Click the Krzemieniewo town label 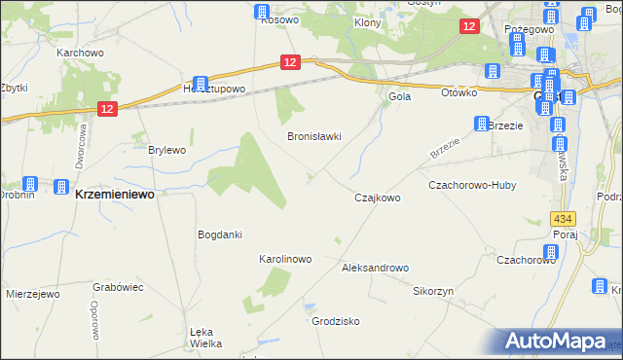pyautogui.click(x=115, y=194)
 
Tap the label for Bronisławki pyautogui.click(x=313, y=137)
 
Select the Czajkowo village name pyautogui.click(x=377, y=198)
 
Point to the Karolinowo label pyautogui.click(x=283, y=260)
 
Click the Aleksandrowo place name pyautogui.click(x=375, y=267)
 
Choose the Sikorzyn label pyautogui.click(x=433, y=291)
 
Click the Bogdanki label pyautogui.click(x=219, y=234)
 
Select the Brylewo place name pyautogui.click(x=166, y=150)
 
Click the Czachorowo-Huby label pyautogui.click(x=472, y=185)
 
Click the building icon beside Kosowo pyautogui.click(x=261, y=12)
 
